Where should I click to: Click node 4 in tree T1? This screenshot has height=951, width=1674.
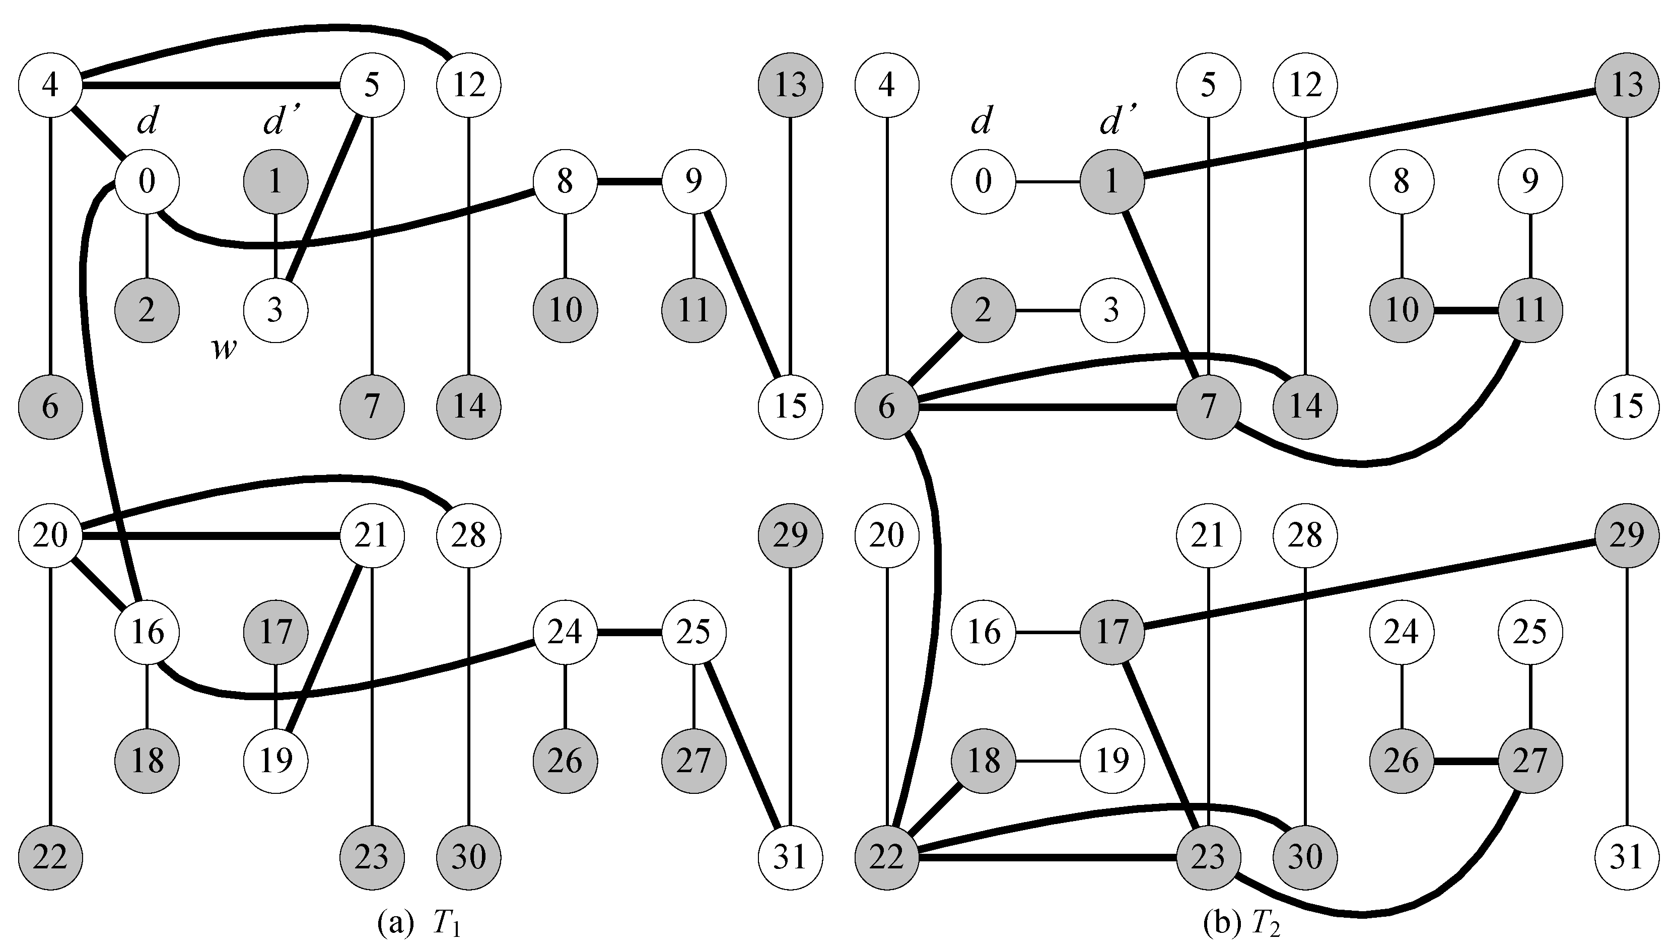coord(50,85)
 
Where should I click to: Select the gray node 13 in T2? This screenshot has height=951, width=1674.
coord(1626,85)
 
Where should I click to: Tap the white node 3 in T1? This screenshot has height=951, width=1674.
coord(275,310)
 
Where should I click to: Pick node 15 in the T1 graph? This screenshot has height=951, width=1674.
coord(791,406)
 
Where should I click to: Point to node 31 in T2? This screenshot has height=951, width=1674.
coord(1626,857)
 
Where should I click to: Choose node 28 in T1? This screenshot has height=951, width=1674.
coord(469,535)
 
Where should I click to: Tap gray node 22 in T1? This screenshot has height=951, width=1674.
coord(50,857)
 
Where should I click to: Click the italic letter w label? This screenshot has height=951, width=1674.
coord(223,350)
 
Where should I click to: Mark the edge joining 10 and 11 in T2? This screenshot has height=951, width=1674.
coord(1466,310)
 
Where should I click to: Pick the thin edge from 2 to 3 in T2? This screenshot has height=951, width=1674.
coord(1047,310)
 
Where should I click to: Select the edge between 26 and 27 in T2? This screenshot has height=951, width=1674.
coord(1466,760)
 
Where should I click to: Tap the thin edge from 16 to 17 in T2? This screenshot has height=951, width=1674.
coord(1047,632)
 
